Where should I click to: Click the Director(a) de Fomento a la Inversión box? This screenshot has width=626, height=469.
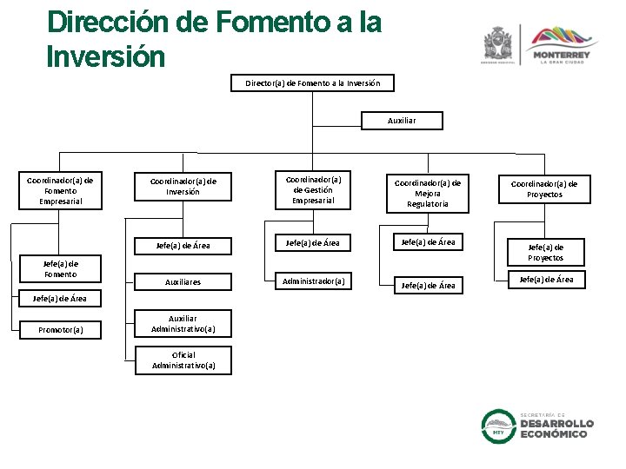coord(312,83)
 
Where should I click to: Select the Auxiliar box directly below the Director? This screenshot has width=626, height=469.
coord(402,121)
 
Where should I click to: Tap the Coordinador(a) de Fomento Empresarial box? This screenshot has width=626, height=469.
coord(61,191)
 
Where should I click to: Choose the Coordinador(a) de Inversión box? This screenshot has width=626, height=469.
coord(183,187)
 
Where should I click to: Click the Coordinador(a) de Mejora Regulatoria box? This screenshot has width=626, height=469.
coord(428,194)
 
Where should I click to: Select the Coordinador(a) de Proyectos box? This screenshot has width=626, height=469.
coord(544,188)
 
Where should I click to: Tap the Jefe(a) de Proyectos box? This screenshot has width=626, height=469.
coord(546,253)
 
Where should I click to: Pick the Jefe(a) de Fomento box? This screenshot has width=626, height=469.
coord(61,269)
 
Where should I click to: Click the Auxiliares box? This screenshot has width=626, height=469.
coord(183,282)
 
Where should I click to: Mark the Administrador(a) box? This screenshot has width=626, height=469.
coord(313,281)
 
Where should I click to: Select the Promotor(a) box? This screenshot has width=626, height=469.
coord(61,330)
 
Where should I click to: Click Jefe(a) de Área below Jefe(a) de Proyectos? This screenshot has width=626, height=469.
coord(546,280)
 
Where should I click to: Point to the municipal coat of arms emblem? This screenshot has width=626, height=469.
coord(498,43)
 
